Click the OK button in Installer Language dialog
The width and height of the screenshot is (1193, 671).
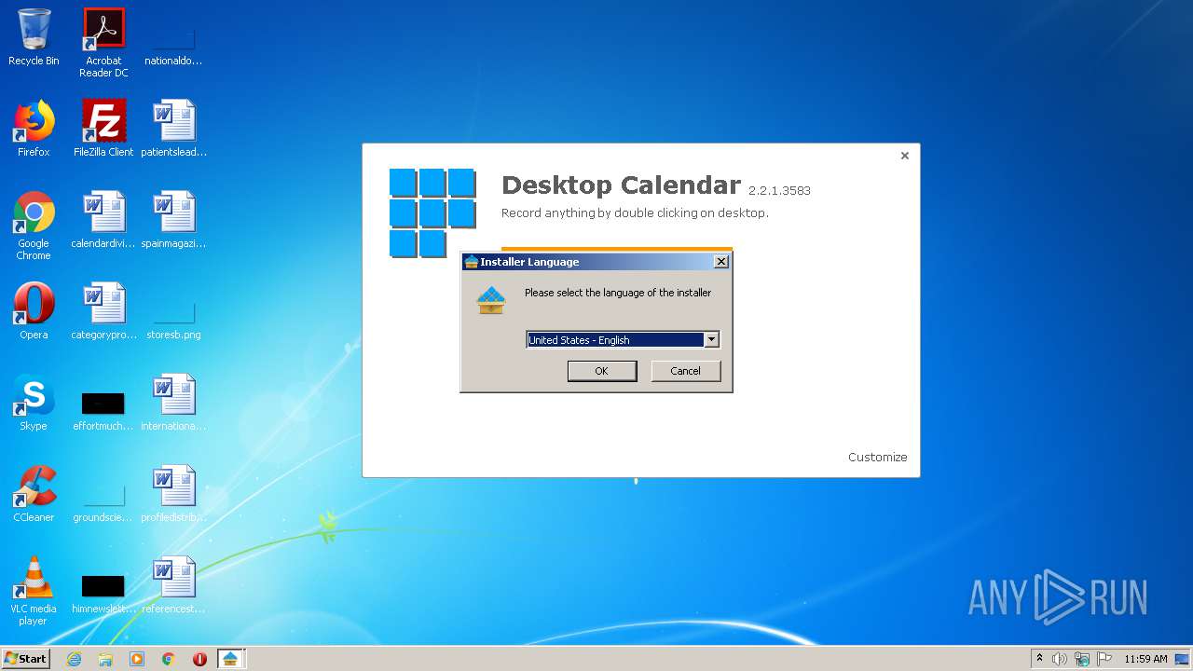pyautogui.click(x=601, y=371)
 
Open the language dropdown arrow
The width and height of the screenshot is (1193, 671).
pyautogui.click(x=711, y=340)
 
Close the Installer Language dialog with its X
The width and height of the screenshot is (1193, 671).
pyautogui.click(x=720, y=262)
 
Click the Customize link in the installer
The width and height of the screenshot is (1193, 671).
pyautogui.click(x=877, y=457)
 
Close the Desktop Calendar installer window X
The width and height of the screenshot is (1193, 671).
pyautogui.click(x=904, y=156)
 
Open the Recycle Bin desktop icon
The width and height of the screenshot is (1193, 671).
pyautogui.click(x=34, y=32)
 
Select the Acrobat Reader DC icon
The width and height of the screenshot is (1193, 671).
pyautogui.click(x=103, y=32)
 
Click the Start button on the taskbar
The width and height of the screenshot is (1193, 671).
pyautogui.click(x=25, y=659)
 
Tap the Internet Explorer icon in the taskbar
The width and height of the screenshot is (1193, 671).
pyautogui.click(x=74, y=659)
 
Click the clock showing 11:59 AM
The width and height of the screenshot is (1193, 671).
pyautogui.click(x=1145, y=659)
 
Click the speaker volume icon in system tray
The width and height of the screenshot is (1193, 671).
pyautogui.click(x=1060, y=659)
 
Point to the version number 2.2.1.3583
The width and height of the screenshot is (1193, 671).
pyautogui.click(x=779, y=191)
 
